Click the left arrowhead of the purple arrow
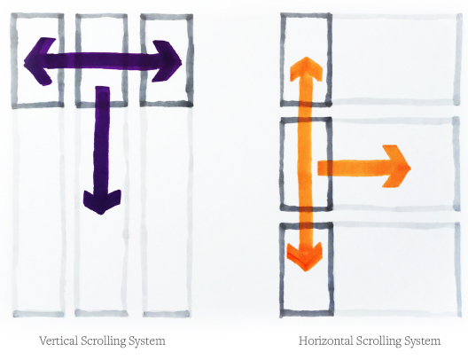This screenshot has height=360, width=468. pyautogui.click(x=39, y=61)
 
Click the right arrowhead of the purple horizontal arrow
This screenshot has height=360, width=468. pyautogui.click(x=168, y=61)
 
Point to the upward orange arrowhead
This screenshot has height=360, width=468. pyautogui.click(x=307, y=68)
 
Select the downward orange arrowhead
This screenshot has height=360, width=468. pyautogui.click(x=305, y=255)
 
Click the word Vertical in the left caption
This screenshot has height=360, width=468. pyautogui.click(x=58, y=340)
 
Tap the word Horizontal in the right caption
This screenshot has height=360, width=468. pyautogui.click(x=325, y=340)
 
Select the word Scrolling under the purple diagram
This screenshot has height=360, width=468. pyautogui.click(x=104, y=341)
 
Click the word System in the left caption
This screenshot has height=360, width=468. pyautogui.click(x=147, y=341)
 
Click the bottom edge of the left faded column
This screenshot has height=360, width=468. pyautogui.click(x=38, y=314)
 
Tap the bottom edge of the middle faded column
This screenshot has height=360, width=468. pyautogui.click(x=101, y=313)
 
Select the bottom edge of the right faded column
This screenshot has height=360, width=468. pyautogui.click(x=167, y=314)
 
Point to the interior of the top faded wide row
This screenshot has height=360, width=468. pyautogui.click(x=394, y=59)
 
